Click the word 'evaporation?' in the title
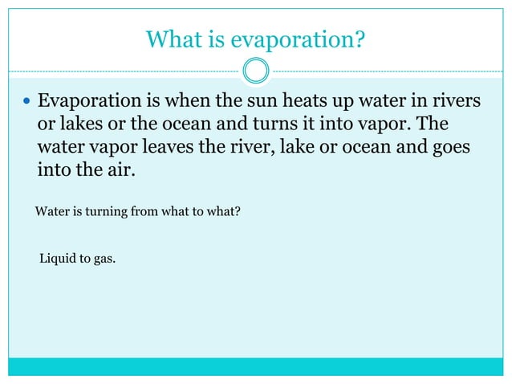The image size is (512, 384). tap(306, 39)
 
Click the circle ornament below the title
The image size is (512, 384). tap(256, 71)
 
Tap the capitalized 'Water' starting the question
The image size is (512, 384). tap(53, 214)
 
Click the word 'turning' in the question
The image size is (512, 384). tap(108, 214)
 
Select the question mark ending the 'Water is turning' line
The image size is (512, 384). tap(238, 214)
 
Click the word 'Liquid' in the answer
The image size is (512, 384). tap(58, 259)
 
